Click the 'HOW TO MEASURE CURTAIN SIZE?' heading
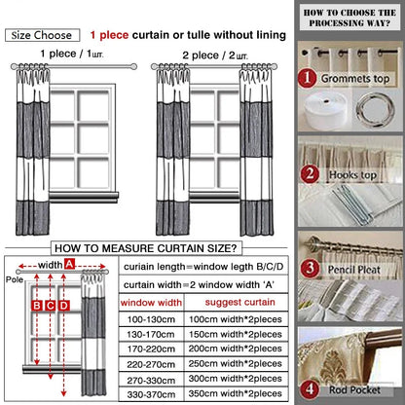(147, 247)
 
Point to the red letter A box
(70, 264)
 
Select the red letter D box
(65, 306)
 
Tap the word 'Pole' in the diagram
(13, 278)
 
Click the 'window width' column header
(150, 304)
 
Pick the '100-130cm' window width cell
(150, 320)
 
